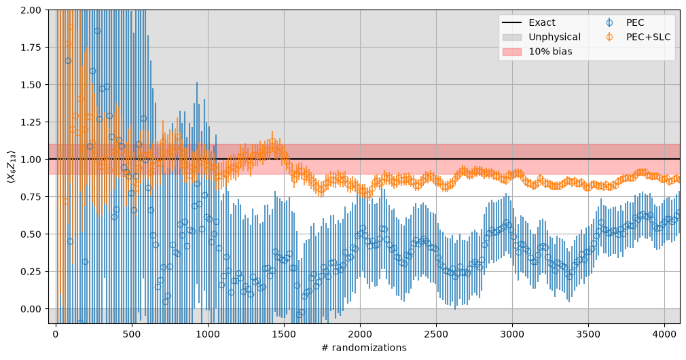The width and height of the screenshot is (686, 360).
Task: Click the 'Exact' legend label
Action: (x=541, y=22)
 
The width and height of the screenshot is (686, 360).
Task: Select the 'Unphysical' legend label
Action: (x=555, y=37)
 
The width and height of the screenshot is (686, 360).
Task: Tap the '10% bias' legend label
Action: (x=550, y=52)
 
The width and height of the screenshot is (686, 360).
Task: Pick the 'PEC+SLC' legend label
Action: (x=649, y=37)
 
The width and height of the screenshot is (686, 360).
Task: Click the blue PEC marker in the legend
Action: (x=609, y=22)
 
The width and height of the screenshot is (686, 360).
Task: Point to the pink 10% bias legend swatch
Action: (x=512, y=52)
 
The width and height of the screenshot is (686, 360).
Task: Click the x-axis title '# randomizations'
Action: (x=364, y=348)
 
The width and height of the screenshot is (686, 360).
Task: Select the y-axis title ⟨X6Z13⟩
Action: (x=10, y=166)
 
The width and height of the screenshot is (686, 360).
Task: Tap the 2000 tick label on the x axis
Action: (x=360, y=334)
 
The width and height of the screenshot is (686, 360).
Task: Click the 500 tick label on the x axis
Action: (x=132, y=334)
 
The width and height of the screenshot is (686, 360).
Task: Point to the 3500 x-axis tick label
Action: (x=588, y=334)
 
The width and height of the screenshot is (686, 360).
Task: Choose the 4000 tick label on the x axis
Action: (x=664, y=334)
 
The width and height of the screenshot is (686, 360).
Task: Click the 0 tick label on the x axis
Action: (x=56, y=334)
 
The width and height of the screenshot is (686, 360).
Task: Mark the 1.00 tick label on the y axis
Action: (x=31, y=159)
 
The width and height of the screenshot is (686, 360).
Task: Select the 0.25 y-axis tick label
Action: (x=31, y=272)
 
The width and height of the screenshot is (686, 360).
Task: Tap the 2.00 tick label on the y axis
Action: (x=31, y=10)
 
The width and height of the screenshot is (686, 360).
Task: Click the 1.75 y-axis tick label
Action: (x=31, y=48)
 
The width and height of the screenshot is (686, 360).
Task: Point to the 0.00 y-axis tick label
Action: (x=31, y=309)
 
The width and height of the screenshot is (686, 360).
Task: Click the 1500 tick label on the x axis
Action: (x=284, y=334)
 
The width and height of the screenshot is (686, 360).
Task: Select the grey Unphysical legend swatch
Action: (x=512, y=37)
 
